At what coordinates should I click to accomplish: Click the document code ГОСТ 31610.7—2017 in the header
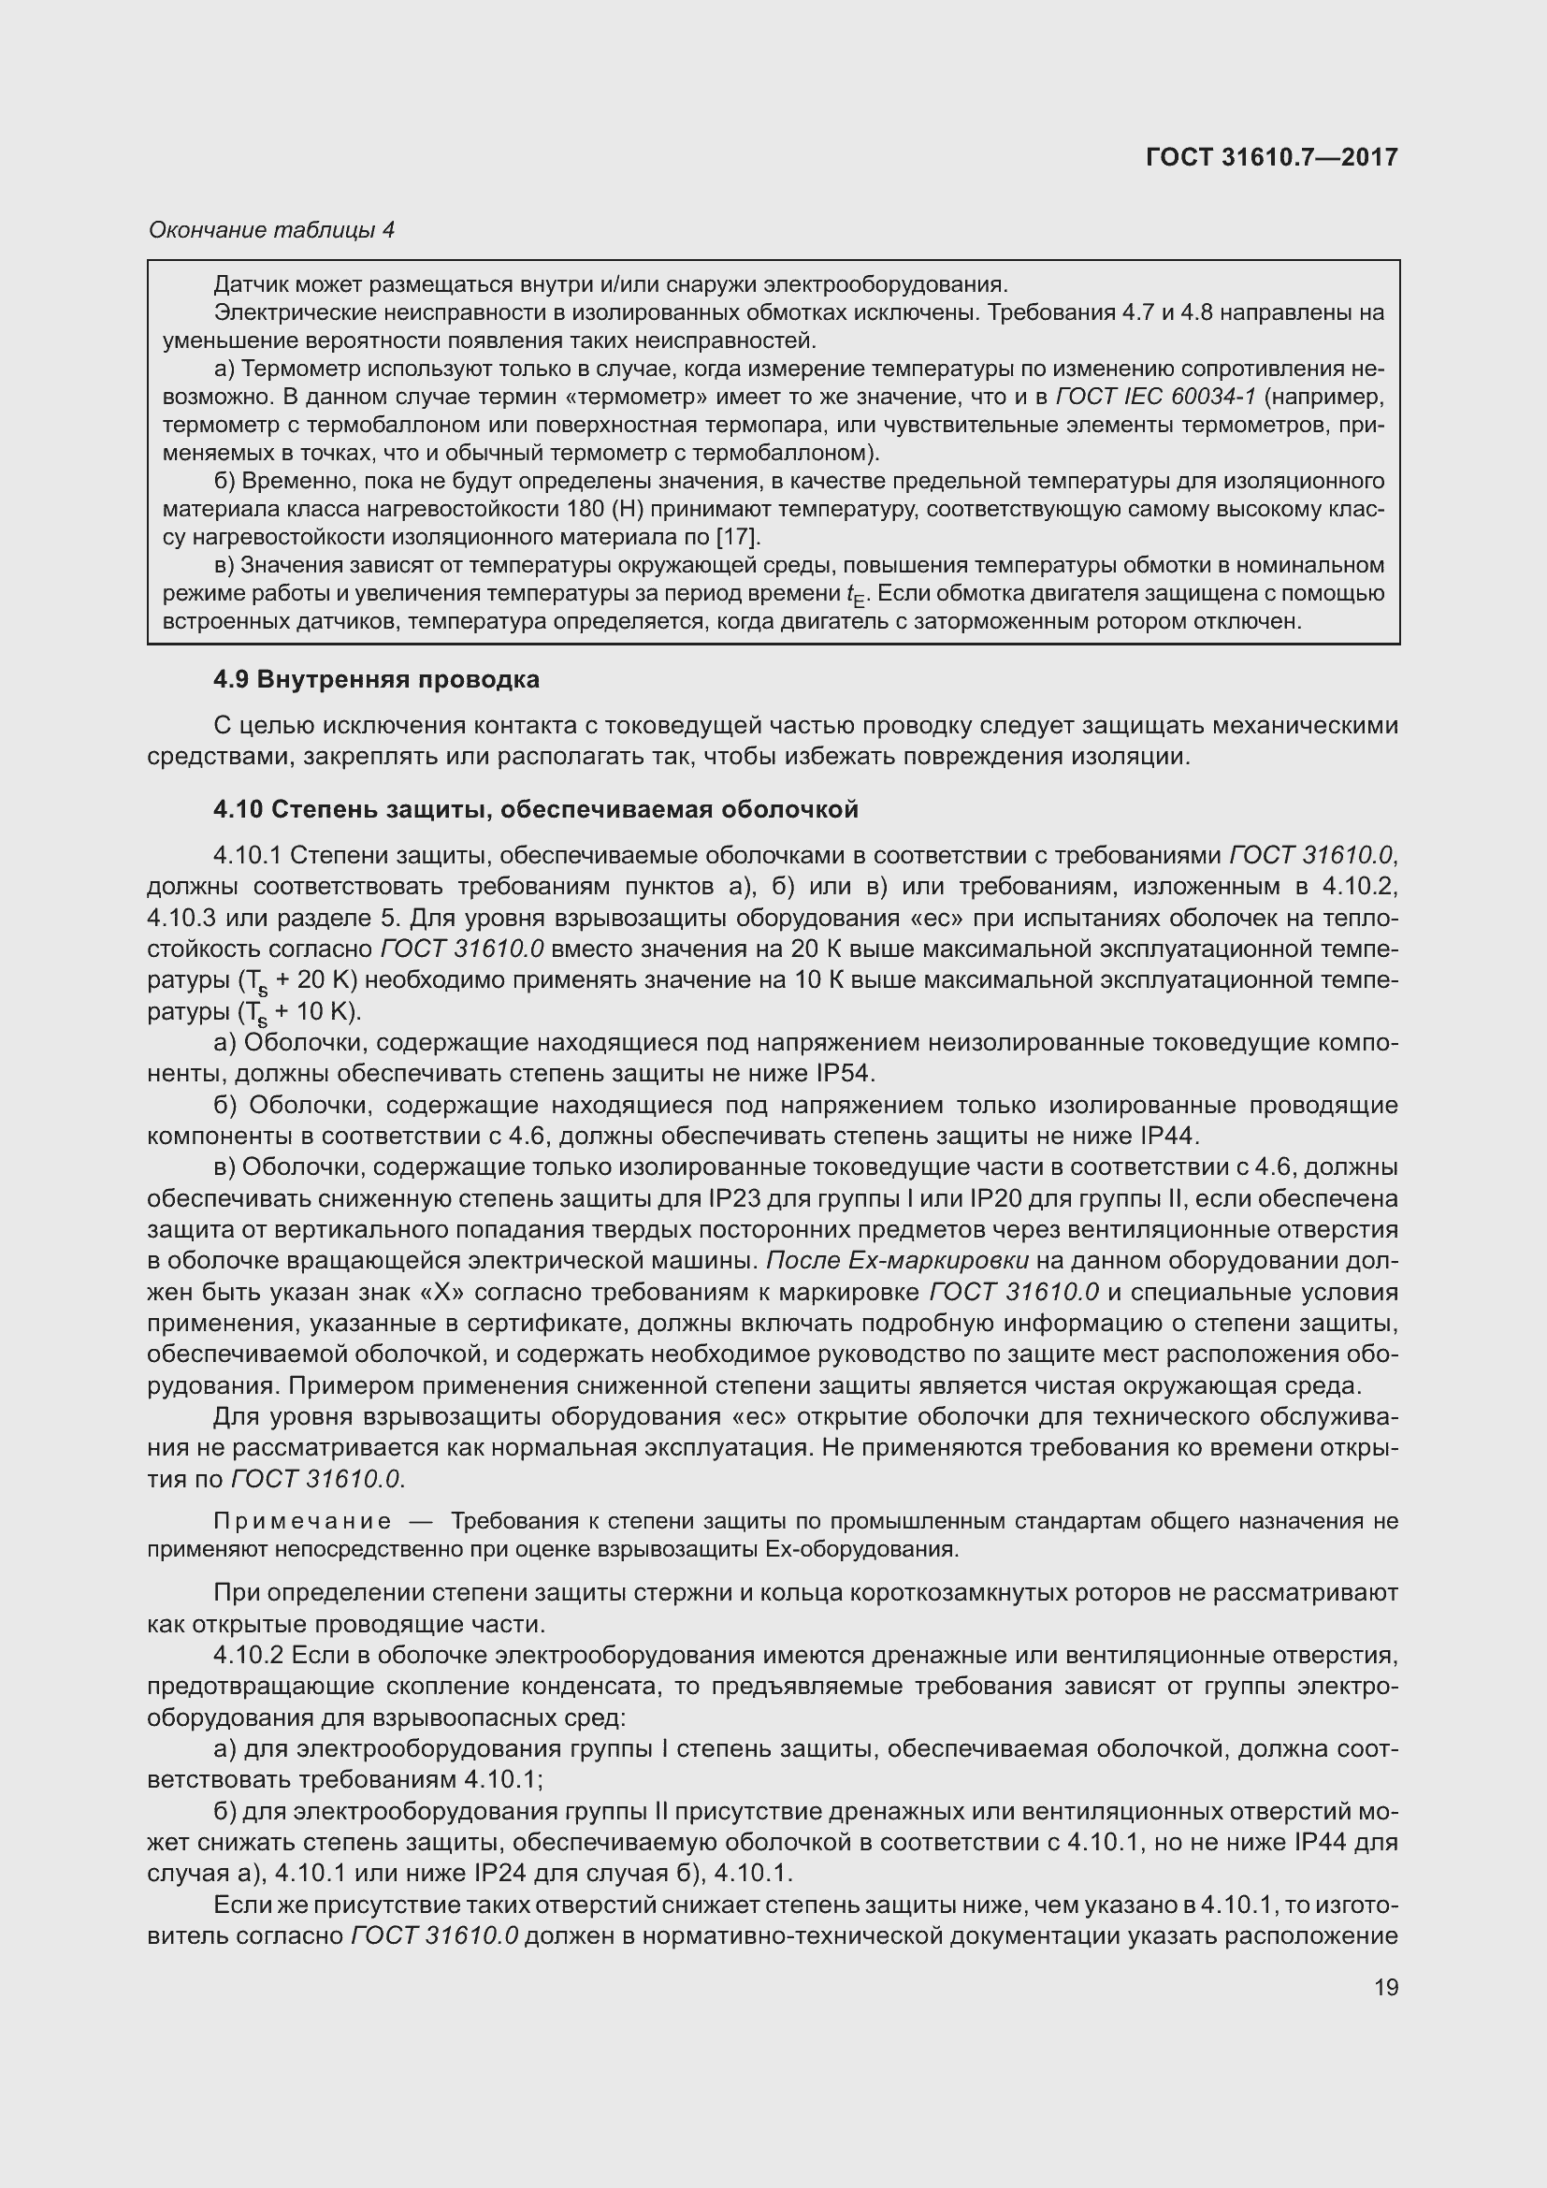tap(1272, 157)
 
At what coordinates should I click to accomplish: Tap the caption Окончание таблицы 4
tap(271, 230)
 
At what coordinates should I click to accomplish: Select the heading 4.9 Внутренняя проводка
tap(376, 679)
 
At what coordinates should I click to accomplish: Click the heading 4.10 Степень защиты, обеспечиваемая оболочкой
tap(535, 809)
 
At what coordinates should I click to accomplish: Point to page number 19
tap(1386, 1987)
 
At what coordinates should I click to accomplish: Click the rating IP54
tap(843, 1074)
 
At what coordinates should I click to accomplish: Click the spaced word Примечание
tap(303, 1521)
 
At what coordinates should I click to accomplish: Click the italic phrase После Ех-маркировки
tap(896, 1261)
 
